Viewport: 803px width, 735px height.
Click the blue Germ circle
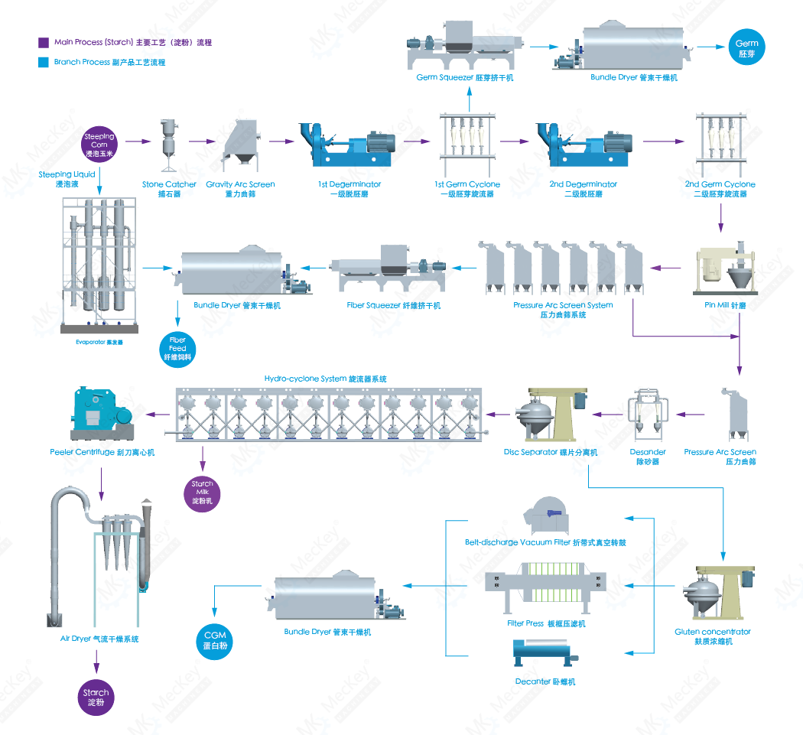pos(746,48)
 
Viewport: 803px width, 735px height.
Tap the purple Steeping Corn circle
pos(99,145)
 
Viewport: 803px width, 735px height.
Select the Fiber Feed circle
pos(177,348)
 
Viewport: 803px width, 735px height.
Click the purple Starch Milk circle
pos(203,493)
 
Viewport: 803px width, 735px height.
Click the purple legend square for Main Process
pos(44,43)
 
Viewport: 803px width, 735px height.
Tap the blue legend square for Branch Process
pos(44,62)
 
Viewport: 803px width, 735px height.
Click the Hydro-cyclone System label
pos(325,379)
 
